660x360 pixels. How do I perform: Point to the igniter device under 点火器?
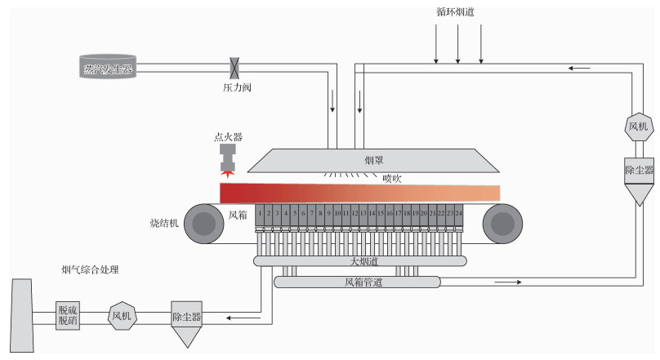pyautogui.click(x=227, y=157)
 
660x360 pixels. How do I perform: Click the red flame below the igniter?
pyautogui.click(x=227, y=173)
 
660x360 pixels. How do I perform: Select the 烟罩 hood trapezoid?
pyautogui.click(x=372, y=160)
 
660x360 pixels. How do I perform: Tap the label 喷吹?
pyautogui.click(x=393, y=178)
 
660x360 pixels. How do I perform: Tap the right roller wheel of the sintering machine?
pyautogui.click(x=502, y=224)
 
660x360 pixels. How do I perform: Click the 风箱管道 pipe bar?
pyautogui.click(x=357, y=282)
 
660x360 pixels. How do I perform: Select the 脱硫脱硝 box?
pyautogui.click(x=69, y=316)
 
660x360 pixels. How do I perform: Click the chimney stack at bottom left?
pyautogui.click(x=22, y=315)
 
